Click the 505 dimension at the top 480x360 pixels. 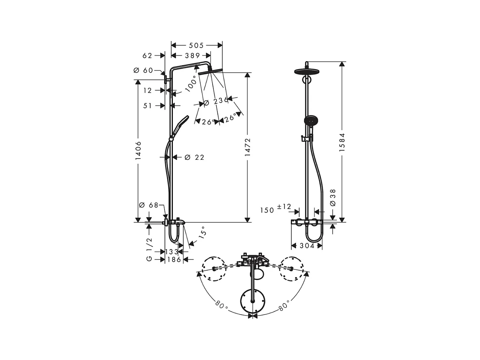click(x=196, y=45)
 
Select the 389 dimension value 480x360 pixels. click(x=192, y=56)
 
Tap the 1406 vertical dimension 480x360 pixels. click(x=138, y=151)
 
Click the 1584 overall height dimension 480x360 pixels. click(x=342, y=143)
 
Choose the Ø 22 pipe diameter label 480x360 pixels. click(x=194, y=157)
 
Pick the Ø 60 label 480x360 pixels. click(x=143, y=70)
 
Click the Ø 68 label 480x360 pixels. click(x=149, y=205)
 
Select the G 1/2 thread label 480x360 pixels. click(x=149, y=249)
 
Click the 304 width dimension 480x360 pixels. click(x=307, y=246)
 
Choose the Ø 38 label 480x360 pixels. click(x=333, y=197)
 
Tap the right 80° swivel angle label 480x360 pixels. click(x=284, y=306)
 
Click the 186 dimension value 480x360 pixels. click(x=174, y=259)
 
